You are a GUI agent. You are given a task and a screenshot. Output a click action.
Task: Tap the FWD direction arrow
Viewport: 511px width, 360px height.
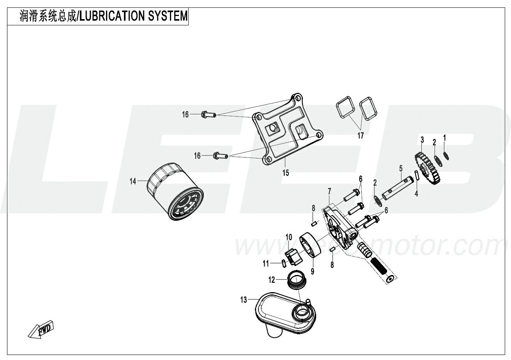[x=41, y=330]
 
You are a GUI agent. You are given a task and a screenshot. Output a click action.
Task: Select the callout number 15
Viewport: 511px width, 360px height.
[x=286, y=173]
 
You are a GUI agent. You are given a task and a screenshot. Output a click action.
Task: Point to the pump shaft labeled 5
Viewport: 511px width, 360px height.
[x=398, y=188]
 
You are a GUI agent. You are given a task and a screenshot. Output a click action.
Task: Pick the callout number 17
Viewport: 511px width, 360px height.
[x=361, y=136]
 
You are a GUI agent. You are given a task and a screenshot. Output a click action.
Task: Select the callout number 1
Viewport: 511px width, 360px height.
[x=444, y=137]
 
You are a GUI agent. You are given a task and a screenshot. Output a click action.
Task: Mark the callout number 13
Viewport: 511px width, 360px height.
[x=244, y=300]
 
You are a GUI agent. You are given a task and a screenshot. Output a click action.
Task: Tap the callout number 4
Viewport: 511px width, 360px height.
[x=416, y=193]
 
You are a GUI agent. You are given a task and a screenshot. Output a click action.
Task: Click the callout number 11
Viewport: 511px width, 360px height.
[x=266, y=264]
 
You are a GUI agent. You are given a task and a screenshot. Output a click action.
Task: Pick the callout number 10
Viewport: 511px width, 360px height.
[x=289, y=237]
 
